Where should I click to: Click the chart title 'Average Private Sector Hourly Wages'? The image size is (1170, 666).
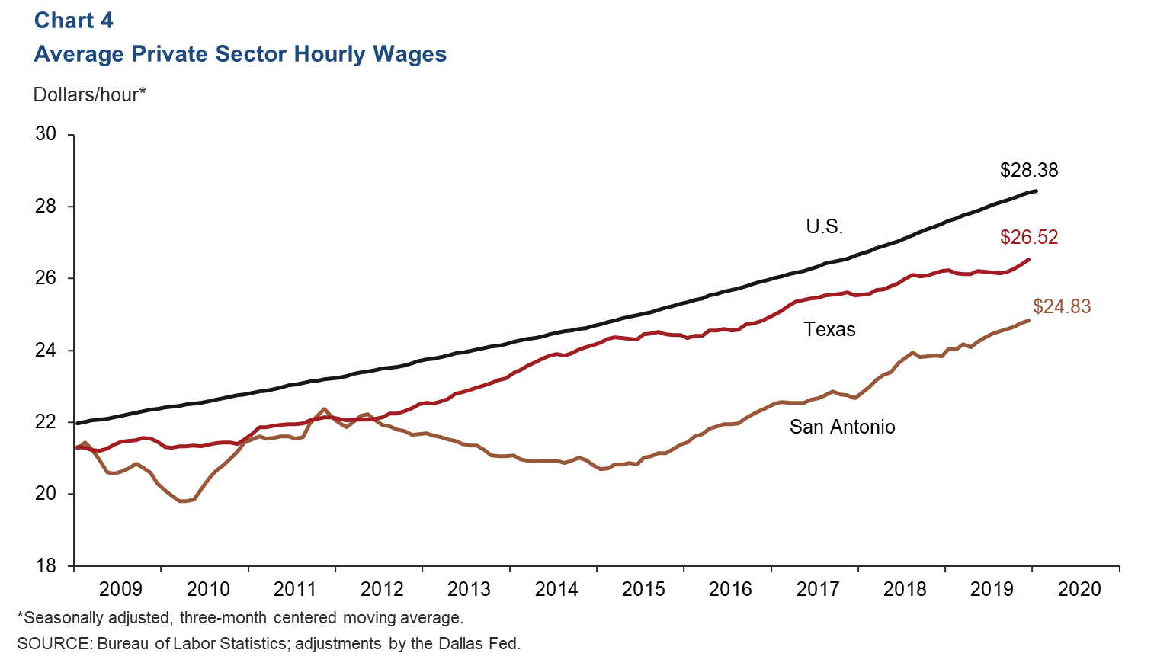coord(240,54)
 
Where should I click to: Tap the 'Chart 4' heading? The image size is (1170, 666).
coord(73,21)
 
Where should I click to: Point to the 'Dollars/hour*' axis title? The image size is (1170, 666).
coord(89,94)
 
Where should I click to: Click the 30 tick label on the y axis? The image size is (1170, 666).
coord(46,134)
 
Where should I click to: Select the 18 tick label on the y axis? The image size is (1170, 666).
coord(46,565)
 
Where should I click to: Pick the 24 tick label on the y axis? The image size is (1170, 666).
coord(46,350)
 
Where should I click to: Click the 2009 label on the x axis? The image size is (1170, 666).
coord(120,589)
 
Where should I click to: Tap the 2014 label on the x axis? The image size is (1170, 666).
coord(556,589)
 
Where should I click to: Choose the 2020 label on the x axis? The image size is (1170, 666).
coord(1079,589)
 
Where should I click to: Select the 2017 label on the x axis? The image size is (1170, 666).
coord(818,589)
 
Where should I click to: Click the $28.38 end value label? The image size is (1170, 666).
coord(1029,170)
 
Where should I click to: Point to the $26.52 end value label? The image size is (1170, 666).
coord(1029,237)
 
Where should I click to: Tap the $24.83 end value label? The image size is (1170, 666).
coord(1062,306)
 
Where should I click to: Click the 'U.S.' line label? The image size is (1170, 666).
coord(824,226)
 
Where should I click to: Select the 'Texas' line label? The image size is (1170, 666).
coord(829,329)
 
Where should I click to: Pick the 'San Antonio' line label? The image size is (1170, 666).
coord(842,427)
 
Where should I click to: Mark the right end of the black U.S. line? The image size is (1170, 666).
coord(1035,191)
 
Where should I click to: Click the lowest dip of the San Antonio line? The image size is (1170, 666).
coord(183,501)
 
